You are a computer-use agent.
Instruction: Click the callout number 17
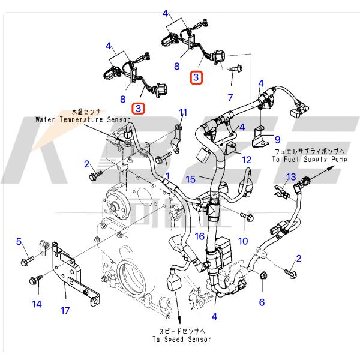click(65, 310)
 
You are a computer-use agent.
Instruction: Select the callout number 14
click(37, 304)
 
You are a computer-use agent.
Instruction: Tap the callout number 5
click(19, 242)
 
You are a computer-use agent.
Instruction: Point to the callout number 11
click(183, 112)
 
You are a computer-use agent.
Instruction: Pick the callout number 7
click(229, 97)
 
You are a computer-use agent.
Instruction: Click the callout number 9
click(277, 139)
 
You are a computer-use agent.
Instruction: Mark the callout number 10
click(243, 241)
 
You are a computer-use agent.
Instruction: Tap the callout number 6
click(262, 302)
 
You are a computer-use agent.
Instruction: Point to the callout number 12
click(247, 160)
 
